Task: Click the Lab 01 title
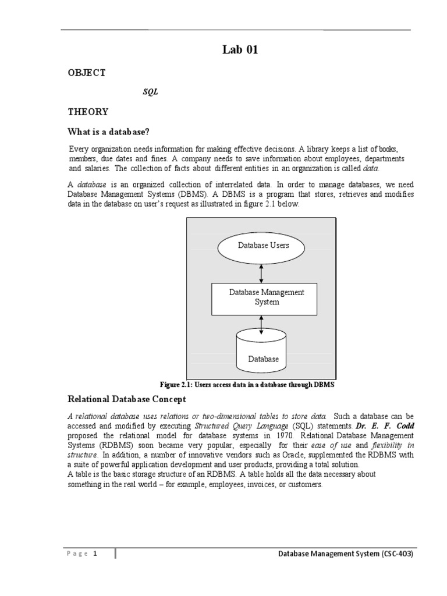[239, 50]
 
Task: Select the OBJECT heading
[87, 73]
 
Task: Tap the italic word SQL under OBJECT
[150, 92]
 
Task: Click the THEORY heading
[88, 111]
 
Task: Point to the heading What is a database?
[113, 132]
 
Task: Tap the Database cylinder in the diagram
[263, 353]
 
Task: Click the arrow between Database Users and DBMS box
[261, 272]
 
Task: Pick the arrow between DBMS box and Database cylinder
[261, 325]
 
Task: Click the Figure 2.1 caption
[247, 385]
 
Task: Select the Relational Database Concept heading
[127, 399]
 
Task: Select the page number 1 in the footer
[95, 554]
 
